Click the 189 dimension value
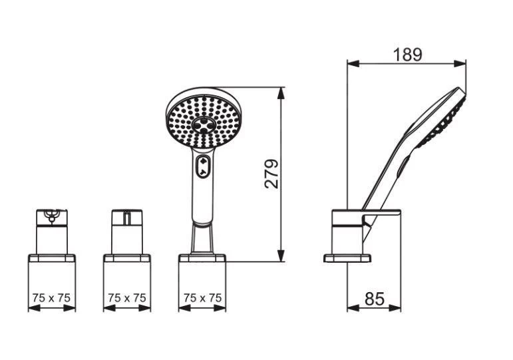[407, 55]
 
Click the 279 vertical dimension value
[271, 174]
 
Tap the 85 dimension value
[375, 298]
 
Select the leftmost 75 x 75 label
[51, 298]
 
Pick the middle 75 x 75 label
[127, 298]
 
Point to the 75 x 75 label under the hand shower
[202, 298]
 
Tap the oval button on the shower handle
[203, 166]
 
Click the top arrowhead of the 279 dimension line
[281, 93]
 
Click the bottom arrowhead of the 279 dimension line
[281, 256]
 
